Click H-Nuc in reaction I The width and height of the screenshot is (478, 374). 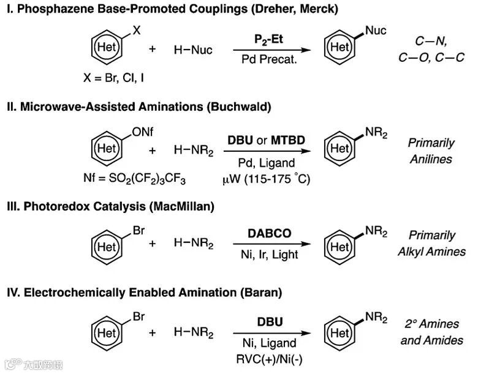pyautogui.click(x=193, y=50)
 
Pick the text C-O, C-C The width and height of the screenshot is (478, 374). pyautogui.click(x=431, y=58)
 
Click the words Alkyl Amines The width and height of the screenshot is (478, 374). pyautogui.click(x=431, y=252)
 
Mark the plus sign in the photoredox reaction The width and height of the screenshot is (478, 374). pyautogui.click(x=153, y=244)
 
